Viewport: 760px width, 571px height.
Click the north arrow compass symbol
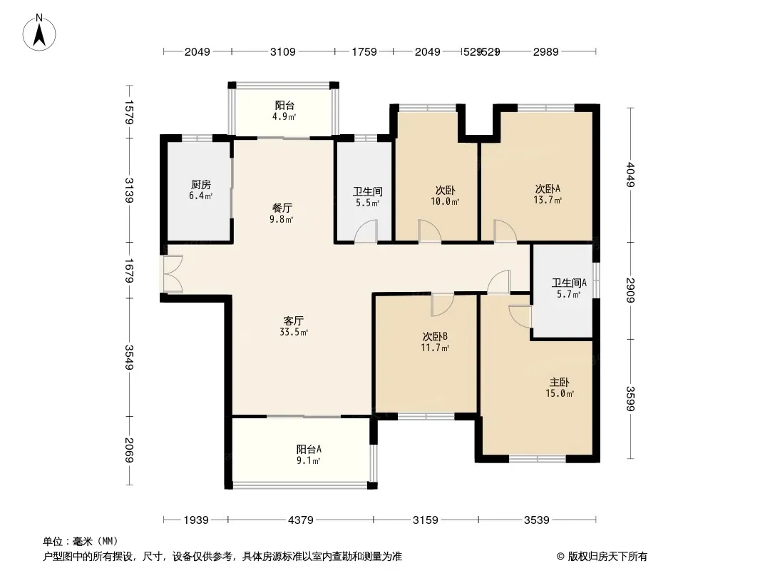click(x=39, y=33)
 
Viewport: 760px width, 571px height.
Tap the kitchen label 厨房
click(x=200, y=184)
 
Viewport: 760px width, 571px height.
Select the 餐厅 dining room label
click(x=282, y=208)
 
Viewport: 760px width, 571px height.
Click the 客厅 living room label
click(x=294, y=320)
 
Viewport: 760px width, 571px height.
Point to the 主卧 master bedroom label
click(x=560, y=383)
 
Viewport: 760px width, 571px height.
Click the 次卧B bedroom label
click(x=435, y=336)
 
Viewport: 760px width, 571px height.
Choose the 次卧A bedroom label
click(x=548, y=188)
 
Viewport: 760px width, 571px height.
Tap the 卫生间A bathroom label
click(x=569, y=283)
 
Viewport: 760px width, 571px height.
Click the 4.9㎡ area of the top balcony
click(x=284, y=117)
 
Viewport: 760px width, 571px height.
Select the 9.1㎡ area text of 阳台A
click(x=309, y=460)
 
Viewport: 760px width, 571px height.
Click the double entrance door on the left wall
click(x=173, y=273)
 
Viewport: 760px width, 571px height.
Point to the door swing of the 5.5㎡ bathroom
click(x=366, y=231)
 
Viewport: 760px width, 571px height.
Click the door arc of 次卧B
click(x=443, y=305)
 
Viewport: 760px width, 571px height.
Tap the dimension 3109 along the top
click(x=282, y=51)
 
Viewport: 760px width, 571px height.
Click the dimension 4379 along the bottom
click(x=301, y=520)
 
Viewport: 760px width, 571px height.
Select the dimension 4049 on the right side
click(x=630, y=174)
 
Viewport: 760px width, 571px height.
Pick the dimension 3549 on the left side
click(x=128, y=357)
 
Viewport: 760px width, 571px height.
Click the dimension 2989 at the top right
click(x=546, y=51)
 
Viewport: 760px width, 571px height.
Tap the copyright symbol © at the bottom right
click(x=561, y=557)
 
